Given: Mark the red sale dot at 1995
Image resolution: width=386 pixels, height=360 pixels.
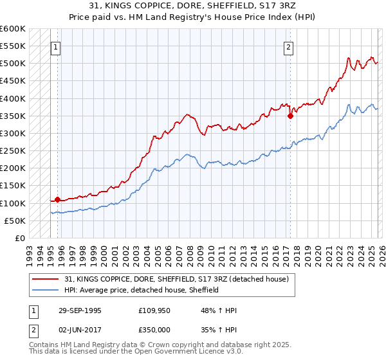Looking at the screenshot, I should coord(58,199).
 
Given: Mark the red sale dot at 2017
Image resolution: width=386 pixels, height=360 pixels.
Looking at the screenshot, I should coord(290,116).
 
